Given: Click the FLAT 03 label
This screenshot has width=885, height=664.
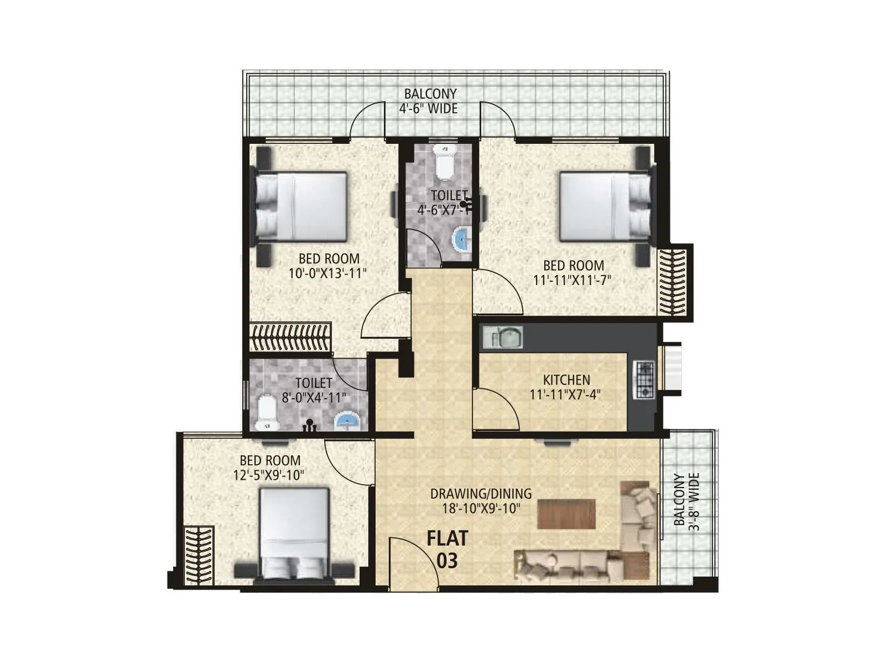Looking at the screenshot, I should [x=447, y=549].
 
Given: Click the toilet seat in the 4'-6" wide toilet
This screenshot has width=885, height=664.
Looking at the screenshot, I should [x=444, y=162].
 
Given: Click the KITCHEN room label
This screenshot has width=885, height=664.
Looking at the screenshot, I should [x=566, y=380].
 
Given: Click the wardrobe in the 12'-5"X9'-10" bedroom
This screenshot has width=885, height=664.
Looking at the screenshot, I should [x=199, y=555].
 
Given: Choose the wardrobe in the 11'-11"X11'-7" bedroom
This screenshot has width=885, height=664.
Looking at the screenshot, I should [x=672, y=282].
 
